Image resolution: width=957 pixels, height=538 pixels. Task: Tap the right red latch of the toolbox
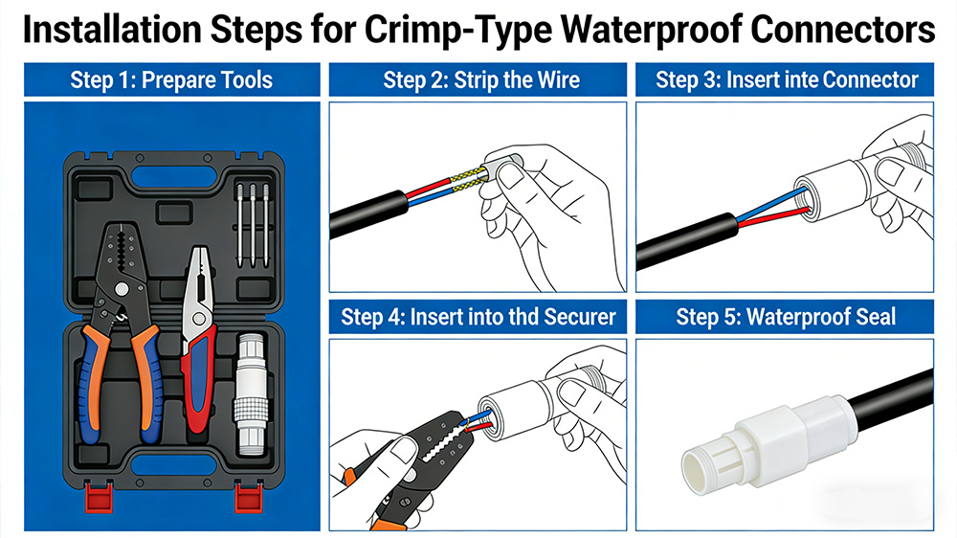coord(246,497)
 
